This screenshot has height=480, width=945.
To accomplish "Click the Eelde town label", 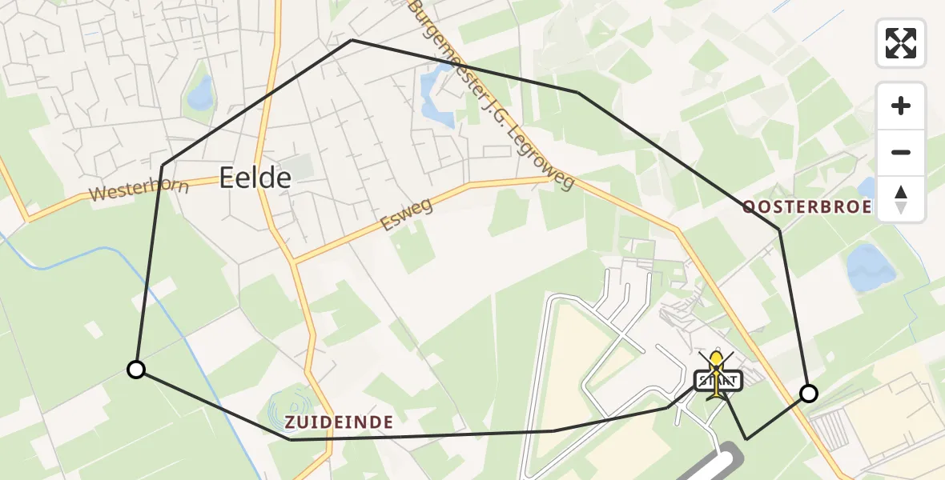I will click(x=255, y=178).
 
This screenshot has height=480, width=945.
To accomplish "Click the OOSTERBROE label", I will click(x=806, y=207).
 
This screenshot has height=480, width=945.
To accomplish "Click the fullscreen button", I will click(x=901, y=43).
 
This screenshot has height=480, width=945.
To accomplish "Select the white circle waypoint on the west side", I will click(x=136, y=369).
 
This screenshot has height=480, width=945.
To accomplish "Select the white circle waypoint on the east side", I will click(x=809, y=393).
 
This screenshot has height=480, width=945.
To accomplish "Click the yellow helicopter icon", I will click(x=716, y=365).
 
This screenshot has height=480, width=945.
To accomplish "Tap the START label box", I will click(x=719, y=381).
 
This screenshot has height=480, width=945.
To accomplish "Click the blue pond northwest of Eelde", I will click(x=199, y=94).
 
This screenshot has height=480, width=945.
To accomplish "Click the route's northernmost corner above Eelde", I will click(x=352, y=40).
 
